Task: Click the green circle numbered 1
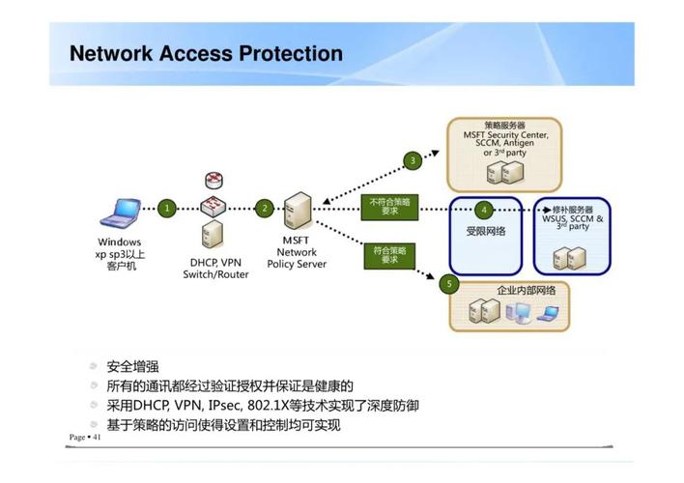(166, 209)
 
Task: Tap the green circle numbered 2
(265, 209)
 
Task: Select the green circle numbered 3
(413, 160)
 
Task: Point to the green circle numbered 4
(484, 210)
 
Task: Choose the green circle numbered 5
(449, 284)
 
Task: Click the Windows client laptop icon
(121, 213)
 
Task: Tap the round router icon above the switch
(214, 180)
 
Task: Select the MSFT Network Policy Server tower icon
(298, 211)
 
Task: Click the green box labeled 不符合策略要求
(389, 207)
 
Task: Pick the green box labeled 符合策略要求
(389, 256)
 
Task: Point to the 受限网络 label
(486, 231)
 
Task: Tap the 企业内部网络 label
(527, 291)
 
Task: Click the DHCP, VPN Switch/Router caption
(215, 269)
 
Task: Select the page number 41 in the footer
(97, 437)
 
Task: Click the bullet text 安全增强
(132, 366)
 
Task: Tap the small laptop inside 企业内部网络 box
(548, 314)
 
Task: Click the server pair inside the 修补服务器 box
(570, 258)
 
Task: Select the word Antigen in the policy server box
(519, 143)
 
